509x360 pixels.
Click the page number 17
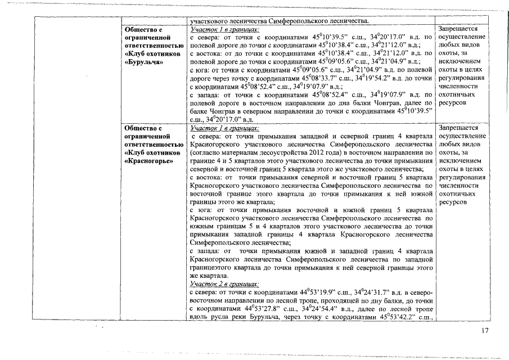pos(485,330)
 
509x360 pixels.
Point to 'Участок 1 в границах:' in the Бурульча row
pos(224,29)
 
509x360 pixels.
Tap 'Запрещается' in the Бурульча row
pos(458,29)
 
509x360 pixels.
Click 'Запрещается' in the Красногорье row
pos(458,128)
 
